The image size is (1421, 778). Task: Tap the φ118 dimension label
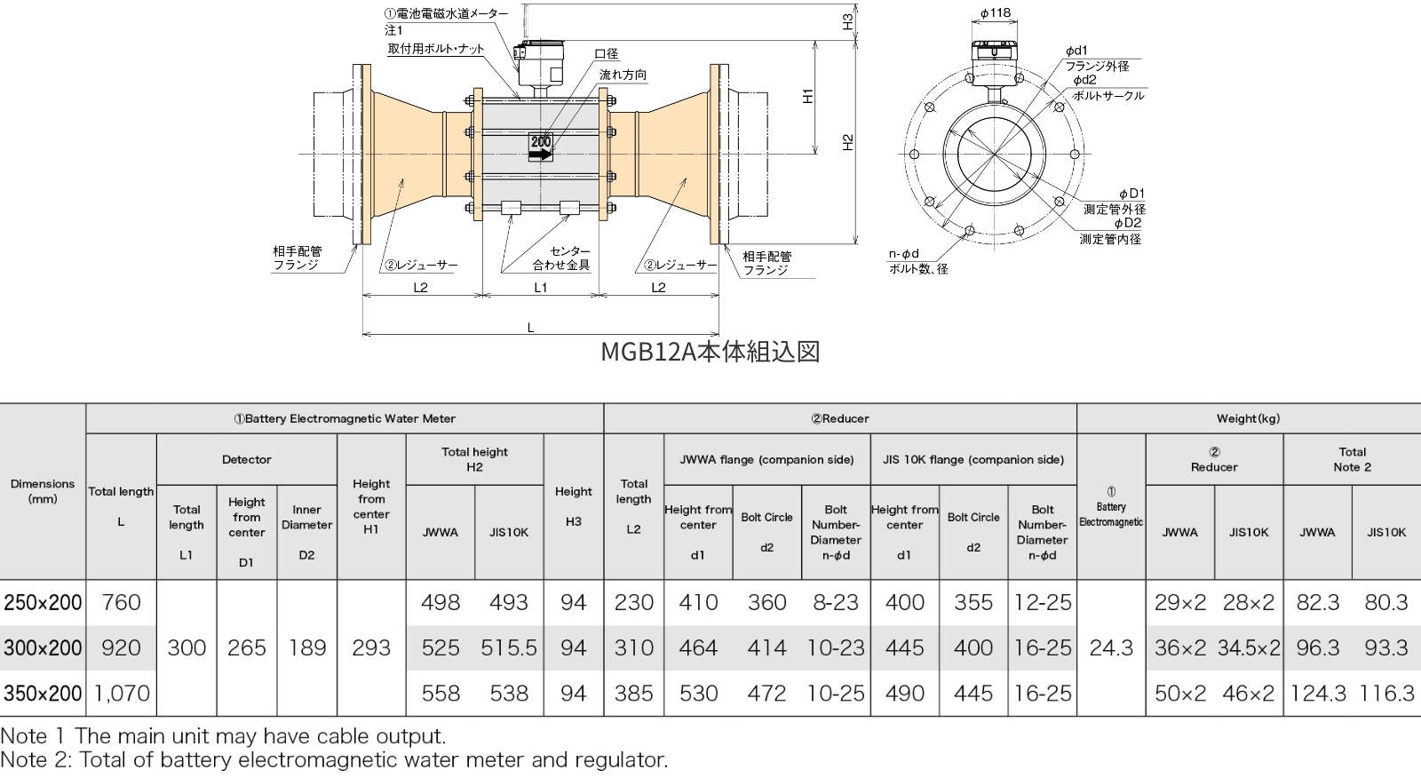pyautogui.click(x=996, y=13)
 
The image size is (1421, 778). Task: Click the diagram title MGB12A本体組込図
pyautogui.click(x=710, y=352)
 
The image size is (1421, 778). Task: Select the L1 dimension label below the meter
pyautogui.click(x=541, y=287)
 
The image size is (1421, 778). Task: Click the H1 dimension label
pyautogui.click(x=808, y=96)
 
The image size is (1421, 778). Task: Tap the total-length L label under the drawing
pyautogui.click(x=531, y=328)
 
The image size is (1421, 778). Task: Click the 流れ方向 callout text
pyautogui.click(x=623, y=75)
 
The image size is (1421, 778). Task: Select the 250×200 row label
pyautogui.click(x=43, y=603)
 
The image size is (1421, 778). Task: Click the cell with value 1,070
pyautogui.click(x=121, y=694)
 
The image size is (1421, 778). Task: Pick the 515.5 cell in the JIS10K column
pyautogui.click(x=509, y=648)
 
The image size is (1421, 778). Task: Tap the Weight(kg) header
pyautogui.click(x=1248, y=418)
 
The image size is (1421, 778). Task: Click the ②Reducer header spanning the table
pyautogui.click(x=839, y=418)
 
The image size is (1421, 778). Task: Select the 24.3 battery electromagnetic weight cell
pyautogui.click(x=1111, y=648)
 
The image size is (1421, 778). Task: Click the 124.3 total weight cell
pyautogui.click(x=1318, y=694)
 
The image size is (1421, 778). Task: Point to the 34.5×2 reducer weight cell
pyautogui.click(x=1249, y=648)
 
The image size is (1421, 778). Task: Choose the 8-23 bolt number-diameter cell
pyautogui.click(x=836, y=603)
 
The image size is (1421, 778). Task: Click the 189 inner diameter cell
pyautogui.click(x=306, y=648)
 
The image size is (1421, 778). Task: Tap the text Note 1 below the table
pyautogui.click(x=36, y=736)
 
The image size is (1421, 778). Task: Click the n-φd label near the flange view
pyautogui.click(x=904, y=254)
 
